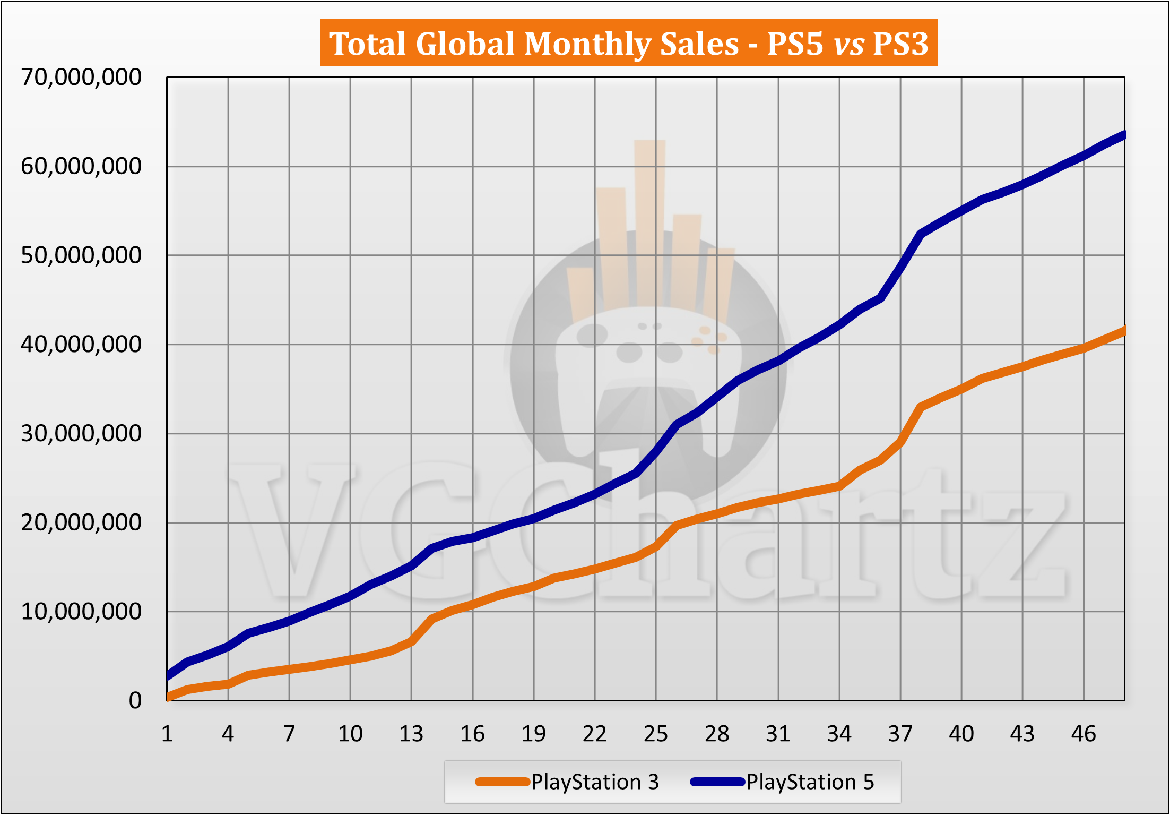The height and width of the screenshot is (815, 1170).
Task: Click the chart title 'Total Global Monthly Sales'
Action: (x=533, y=43)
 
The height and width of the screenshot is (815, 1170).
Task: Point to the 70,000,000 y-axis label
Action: (x=81, y=78)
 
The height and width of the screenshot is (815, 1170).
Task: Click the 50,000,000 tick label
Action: (x=81, y=255)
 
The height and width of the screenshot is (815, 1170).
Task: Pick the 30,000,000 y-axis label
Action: (x=81, y=434)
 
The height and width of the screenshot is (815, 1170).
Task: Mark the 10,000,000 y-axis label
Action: (x=81, y=612)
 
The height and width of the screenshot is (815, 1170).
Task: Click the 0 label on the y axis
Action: (x=135, y=701)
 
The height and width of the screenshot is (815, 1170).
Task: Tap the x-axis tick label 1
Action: (x=167, y=734)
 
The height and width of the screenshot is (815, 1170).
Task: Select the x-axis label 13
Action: (x=411, y=734)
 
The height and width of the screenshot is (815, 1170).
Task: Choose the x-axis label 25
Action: (x=656, y=734)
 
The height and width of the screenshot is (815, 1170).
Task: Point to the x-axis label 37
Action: (x=900, y=734)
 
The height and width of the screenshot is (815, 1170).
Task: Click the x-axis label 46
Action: (x=1084, y=734)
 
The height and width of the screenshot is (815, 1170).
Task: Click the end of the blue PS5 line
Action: (x=1123, y=135)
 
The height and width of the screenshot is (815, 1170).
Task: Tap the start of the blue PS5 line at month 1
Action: (x=168, y=676)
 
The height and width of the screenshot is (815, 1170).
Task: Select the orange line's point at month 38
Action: (x=921, y=407)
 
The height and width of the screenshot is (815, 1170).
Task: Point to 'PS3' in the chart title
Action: (x=900, y=43)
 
